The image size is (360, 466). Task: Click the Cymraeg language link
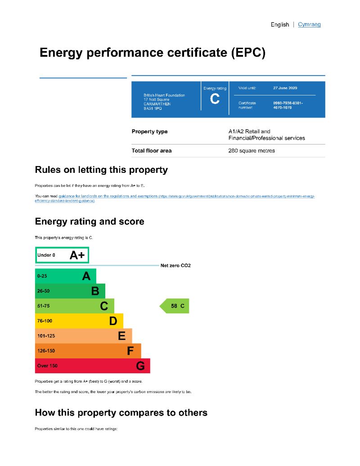pos(309,24)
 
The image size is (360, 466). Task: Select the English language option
pos(279,24)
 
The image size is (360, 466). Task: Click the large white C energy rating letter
pos(215,99)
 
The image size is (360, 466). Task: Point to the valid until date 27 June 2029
pos(285,88)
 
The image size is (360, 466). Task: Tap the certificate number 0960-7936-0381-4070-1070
pos(288,105)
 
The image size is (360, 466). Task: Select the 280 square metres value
pos(252,150)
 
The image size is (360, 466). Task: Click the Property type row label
pos(149,131)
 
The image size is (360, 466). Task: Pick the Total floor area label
pos(151,150)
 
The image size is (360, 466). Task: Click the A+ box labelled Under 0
pos(62,255)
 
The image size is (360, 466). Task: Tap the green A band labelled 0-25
pos(65,276)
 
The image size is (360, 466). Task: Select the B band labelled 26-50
pos(70,291)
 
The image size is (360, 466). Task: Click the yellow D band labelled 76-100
pos(79,321)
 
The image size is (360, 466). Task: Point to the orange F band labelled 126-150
pos(88,351)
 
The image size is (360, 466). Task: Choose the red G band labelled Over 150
pos(92,366)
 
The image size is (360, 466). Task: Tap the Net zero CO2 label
pos(175,266)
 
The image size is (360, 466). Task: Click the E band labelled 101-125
pos(83,336)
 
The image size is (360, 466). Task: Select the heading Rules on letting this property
pos(101,170)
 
